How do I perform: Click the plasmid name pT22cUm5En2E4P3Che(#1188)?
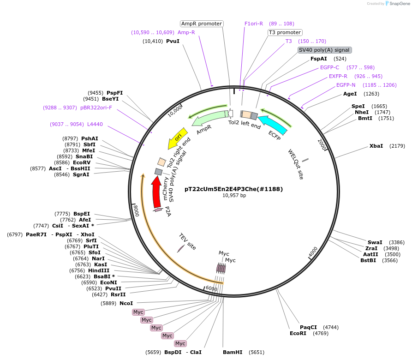233,189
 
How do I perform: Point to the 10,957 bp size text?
234,196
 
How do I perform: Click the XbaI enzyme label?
376,146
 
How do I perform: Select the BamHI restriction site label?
232,352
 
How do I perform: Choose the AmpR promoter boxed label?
202,24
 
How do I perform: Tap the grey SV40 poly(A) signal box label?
324,50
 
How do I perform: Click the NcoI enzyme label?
126,303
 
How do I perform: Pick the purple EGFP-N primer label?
346,85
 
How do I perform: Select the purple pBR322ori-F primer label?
96,108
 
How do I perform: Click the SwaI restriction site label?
375,242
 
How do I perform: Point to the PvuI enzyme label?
173,41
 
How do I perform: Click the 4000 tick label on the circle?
313,252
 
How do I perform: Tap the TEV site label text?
188,242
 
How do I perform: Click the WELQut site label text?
296,164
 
